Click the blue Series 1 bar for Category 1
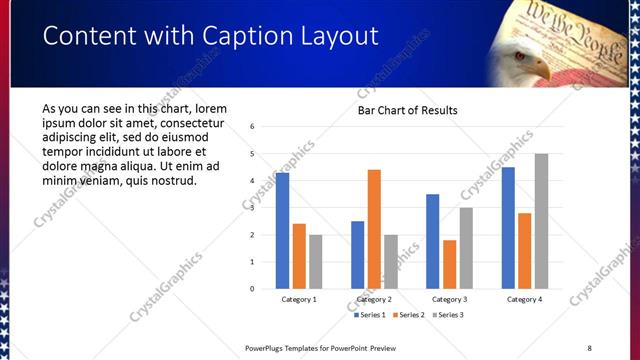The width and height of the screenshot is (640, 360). (x=282, y=231)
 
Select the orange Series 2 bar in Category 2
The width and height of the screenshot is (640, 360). (x=374, y=229)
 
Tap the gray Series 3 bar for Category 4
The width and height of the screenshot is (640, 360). (x=541, y=221)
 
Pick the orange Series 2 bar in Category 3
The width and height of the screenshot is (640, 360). (x=450, y=264)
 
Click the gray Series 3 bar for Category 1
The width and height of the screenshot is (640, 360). (x=316, y=262)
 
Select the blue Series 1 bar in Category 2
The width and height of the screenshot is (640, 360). (x=357, y=255)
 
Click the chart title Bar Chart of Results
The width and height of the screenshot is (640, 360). (x=407, y=110)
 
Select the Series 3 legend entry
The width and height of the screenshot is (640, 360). (x=450, y=315)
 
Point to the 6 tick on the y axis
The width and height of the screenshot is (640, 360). (x=253, y=127)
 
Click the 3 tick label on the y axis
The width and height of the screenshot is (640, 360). (x=253, y=208)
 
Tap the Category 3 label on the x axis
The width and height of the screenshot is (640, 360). (x=449, y=299)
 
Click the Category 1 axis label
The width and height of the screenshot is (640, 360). (x=299, y=299)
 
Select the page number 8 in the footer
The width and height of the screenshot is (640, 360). (x=589, y=348)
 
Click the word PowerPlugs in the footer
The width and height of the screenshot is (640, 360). (x=269, y=348)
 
